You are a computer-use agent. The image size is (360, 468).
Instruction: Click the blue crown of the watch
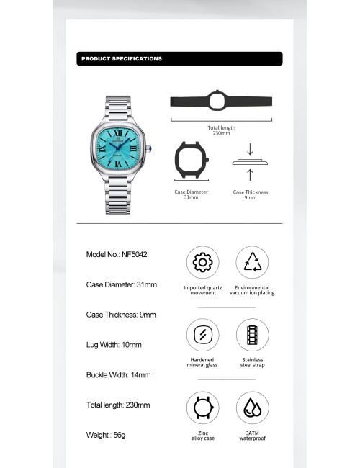(x=150, y=150)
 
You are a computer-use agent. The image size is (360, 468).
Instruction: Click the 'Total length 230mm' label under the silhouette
(x=221, y=130)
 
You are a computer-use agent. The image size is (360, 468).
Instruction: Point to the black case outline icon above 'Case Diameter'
(x=191, y=161)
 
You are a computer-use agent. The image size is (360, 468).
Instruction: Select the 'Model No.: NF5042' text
(x=117, y=254)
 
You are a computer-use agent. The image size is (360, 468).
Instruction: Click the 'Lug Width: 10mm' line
(x=114, y=345)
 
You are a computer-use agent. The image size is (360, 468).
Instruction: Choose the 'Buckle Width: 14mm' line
(x=119, y=375)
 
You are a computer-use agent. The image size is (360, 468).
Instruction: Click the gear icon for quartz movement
(x=202, y=262)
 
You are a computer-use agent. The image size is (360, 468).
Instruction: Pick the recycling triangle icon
(x=252, y=262)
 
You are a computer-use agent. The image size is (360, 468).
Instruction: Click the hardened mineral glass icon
(x=202, y=334)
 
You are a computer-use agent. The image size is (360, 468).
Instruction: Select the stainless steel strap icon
(x=252, y=334)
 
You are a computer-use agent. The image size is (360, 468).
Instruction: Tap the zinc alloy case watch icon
(x=202, y=408)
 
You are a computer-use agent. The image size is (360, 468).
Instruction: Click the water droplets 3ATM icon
(x=252, y=408)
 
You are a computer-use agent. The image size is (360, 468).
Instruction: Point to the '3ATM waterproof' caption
(x=252, y=436)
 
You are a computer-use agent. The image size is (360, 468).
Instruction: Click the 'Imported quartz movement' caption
(x=203, y=290)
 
